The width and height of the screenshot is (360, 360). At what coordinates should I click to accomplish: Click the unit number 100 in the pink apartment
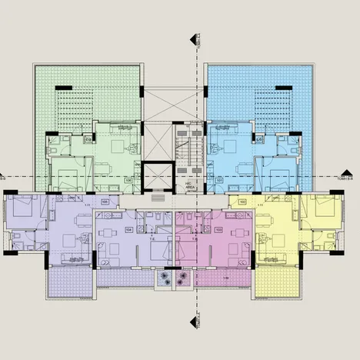[218, 229]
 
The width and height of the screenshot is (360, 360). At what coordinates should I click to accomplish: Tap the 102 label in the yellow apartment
[242, 202]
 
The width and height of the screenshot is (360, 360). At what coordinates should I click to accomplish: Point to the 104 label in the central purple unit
[128, 229]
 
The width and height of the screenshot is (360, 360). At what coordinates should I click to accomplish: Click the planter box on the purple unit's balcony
[165, 278]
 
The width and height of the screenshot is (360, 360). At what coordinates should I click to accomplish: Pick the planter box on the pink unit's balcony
[183, 278]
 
